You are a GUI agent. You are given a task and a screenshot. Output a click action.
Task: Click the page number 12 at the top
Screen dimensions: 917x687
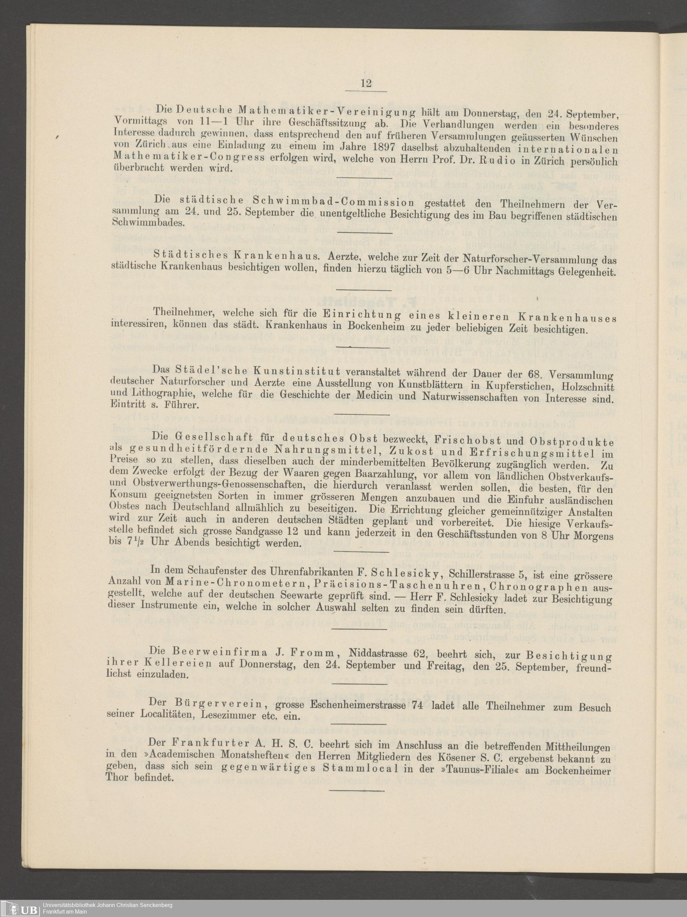click(x=366, y=83)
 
